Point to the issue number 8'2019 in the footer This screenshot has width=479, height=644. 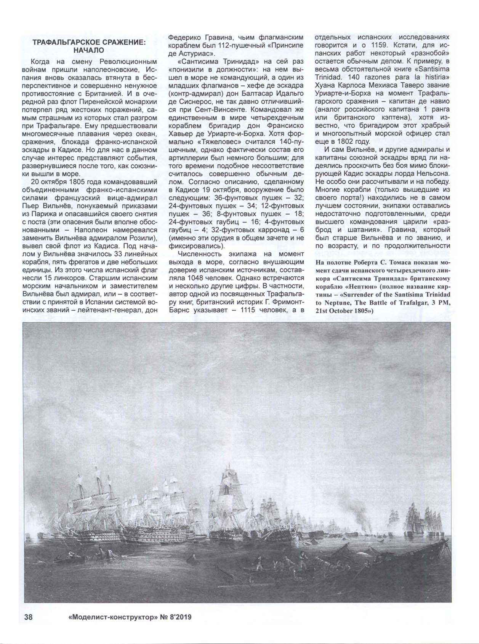click(x=177, y=617)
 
